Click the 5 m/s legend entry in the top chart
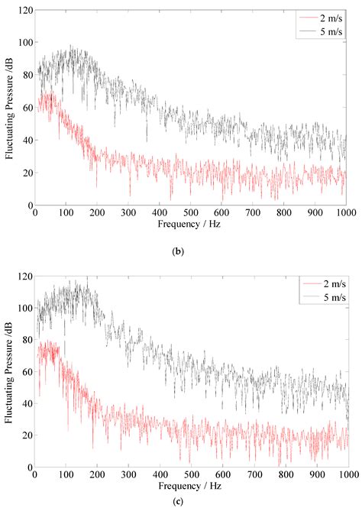pyautogui.click(x=321, y=30)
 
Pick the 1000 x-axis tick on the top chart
pyautogui.click(x=344, y=213)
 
